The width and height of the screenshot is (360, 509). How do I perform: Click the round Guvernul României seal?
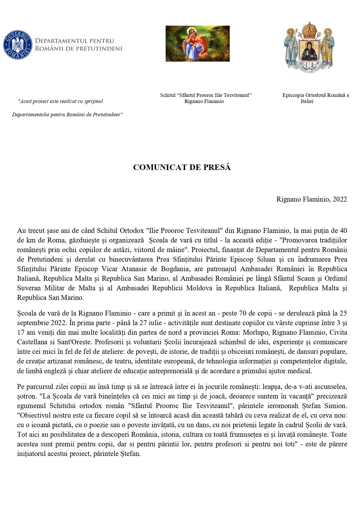pyautogui.click(x=17, y=45)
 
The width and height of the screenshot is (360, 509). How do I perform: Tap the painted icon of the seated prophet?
pyautogui.click(x=198, y=44)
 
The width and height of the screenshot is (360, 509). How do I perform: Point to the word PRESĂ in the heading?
pyautogui.click(x=217, y=167)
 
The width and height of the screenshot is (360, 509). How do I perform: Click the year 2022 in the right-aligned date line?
pyautogui.click(x=340, y=199)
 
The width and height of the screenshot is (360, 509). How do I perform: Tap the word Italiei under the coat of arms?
pyautogui.click(x=307, y=101)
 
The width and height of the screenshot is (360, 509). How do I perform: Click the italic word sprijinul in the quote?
pyautogui.click(x=93, y=101)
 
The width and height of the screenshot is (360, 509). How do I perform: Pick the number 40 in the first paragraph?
pyautogui.click(x=343, y=231)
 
